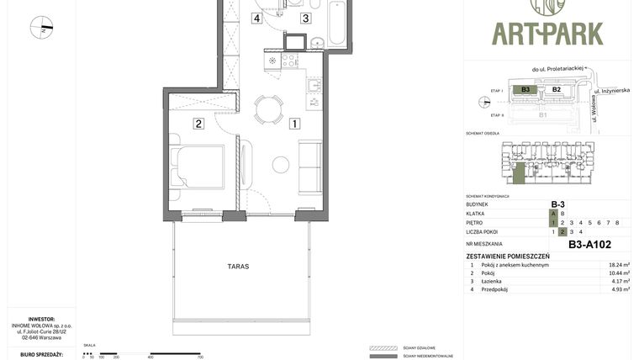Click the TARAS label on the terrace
238,266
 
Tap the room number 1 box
295,124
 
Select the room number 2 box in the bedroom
199,124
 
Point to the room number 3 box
305,18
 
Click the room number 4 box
256,18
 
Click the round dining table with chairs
269,109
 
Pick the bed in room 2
198,167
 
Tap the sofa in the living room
309,167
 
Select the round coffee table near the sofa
281,165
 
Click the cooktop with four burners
289,61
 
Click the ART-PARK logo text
547,34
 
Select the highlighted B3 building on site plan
525,89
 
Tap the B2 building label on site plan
556,89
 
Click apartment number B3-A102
589,245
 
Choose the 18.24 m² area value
619,265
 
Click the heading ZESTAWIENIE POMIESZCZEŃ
508,256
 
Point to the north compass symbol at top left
41,27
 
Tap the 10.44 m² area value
619,273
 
